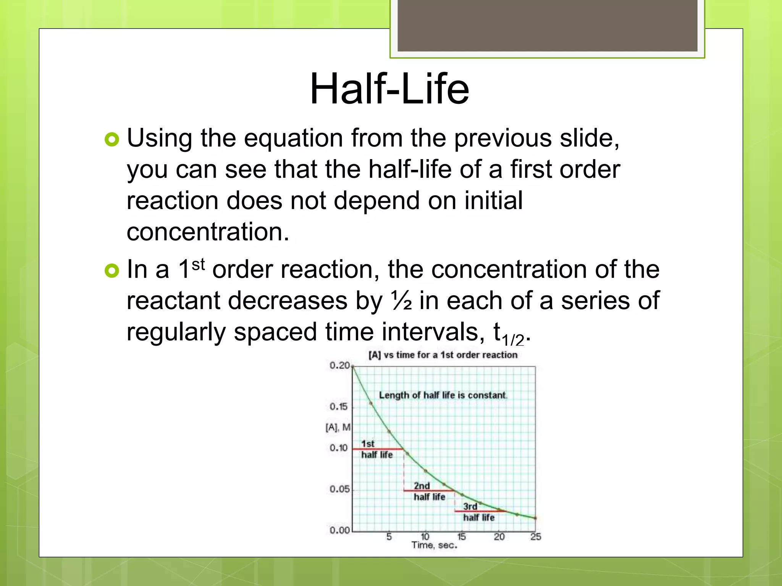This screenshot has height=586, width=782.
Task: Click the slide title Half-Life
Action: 389,89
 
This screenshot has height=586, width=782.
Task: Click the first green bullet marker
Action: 112,140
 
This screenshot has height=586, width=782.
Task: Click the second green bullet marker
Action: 112,271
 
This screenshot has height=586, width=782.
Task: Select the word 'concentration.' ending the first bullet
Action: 208,232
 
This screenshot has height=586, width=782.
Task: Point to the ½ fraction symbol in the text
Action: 401,301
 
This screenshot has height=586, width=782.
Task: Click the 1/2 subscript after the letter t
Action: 513,340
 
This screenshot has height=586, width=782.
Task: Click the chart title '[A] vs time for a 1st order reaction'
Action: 443,355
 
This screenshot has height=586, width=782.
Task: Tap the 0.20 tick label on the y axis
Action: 339,365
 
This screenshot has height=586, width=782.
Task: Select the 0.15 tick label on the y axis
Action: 339,407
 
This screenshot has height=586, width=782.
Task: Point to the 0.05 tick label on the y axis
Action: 339,489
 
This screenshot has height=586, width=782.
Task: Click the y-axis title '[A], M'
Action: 338,427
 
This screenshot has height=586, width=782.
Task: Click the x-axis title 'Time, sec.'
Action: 434,545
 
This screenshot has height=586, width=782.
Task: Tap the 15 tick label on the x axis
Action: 461,537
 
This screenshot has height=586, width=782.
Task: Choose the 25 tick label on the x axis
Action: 535,537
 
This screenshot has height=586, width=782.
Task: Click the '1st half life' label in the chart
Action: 376,449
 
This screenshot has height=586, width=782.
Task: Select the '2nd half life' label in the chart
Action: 429,491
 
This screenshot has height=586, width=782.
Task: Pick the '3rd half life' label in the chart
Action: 478,512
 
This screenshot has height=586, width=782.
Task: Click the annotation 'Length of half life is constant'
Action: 443,395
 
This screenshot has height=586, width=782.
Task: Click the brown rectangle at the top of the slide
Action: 547,25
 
